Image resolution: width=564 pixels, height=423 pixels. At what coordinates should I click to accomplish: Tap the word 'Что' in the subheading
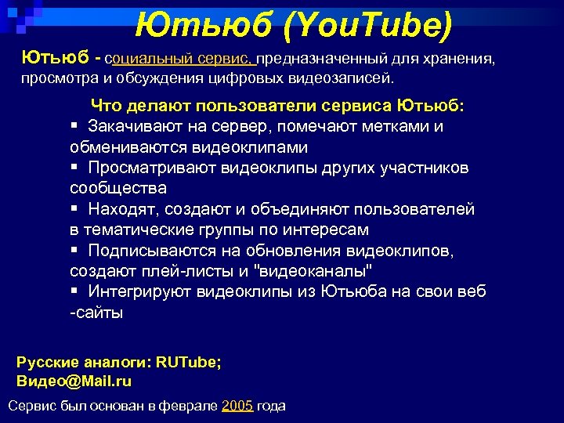point(107,105)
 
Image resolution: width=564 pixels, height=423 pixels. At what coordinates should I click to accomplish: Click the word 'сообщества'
point(117,189)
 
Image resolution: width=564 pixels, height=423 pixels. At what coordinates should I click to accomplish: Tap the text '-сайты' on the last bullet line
point(96,313)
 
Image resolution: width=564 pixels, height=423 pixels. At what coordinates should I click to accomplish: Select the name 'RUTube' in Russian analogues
point(188,362)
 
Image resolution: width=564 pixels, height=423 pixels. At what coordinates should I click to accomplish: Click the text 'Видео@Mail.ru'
point(74,381)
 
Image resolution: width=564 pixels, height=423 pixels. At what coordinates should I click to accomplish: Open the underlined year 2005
point(237,406)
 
